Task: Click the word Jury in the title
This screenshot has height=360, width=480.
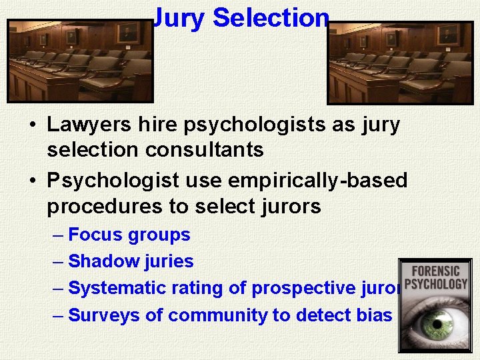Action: (x=179, y=18)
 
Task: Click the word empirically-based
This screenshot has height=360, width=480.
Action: (x=317, y=181)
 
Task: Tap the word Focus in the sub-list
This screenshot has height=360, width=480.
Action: (x=96, y=235)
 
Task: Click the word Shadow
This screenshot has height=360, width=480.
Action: (x=101, y=261)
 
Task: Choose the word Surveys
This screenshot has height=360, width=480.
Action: (x=104, y=315)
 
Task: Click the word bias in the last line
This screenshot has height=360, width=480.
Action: (x=375, y=315)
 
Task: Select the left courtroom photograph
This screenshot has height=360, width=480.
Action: (x=80, y=60)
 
